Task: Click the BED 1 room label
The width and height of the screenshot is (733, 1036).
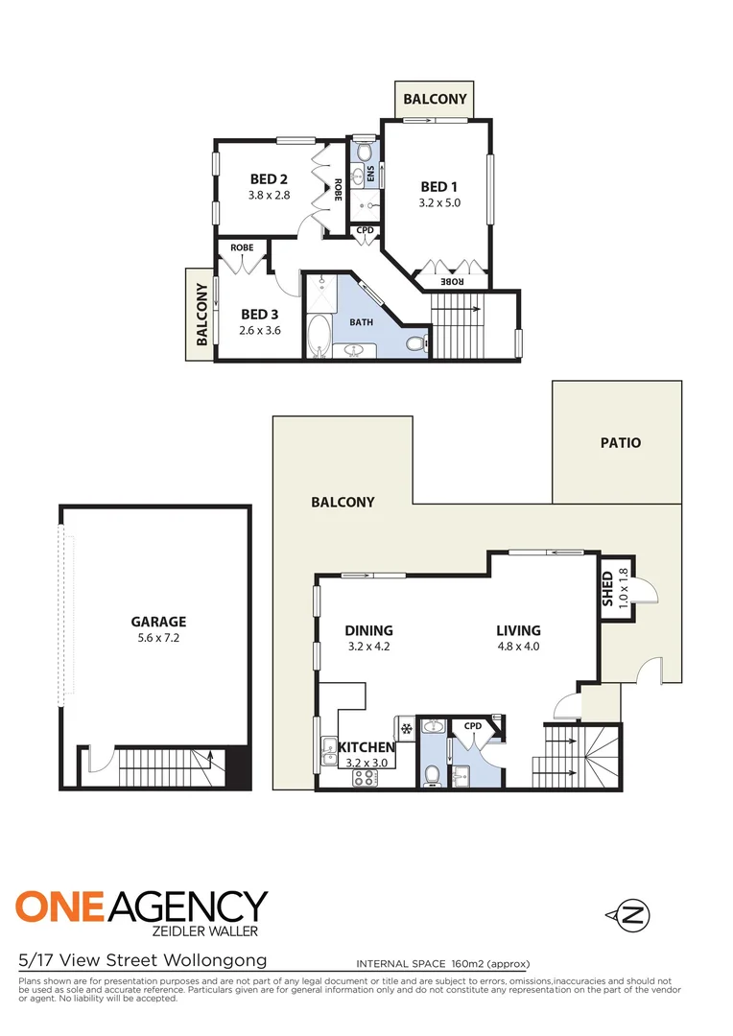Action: click(439, 186)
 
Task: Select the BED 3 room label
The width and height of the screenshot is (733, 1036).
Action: click(259, 314)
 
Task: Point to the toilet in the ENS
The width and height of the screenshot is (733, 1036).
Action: click(363, 152)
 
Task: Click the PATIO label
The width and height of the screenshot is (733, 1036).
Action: click(621, 442)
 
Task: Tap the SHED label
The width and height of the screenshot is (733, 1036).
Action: click(607, 590)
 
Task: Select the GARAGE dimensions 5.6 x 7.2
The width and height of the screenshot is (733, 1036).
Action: click(158, 638)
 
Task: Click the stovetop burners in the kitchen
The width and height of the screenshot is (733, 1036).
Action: click(366, 779)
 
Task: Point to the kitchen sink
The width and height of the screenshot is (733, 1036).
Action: click(328, 746)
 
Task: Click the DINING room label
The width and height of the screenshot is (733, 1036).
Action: click(369, 630)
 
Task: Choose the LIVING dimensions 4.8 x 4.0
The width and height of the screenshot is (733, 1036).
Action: click(518, 647)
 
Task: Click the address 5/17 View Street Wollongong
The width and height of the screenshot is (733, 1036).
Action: click(142, 960)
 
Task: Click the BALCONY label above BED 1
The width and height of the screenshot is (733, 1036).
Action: click(435, 99)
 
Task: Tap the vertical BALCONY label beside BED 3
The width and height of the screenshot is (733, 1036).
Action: click(202, 315)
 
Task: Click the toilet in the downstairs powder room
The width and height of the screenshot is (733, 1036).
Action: click(433, 774)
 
